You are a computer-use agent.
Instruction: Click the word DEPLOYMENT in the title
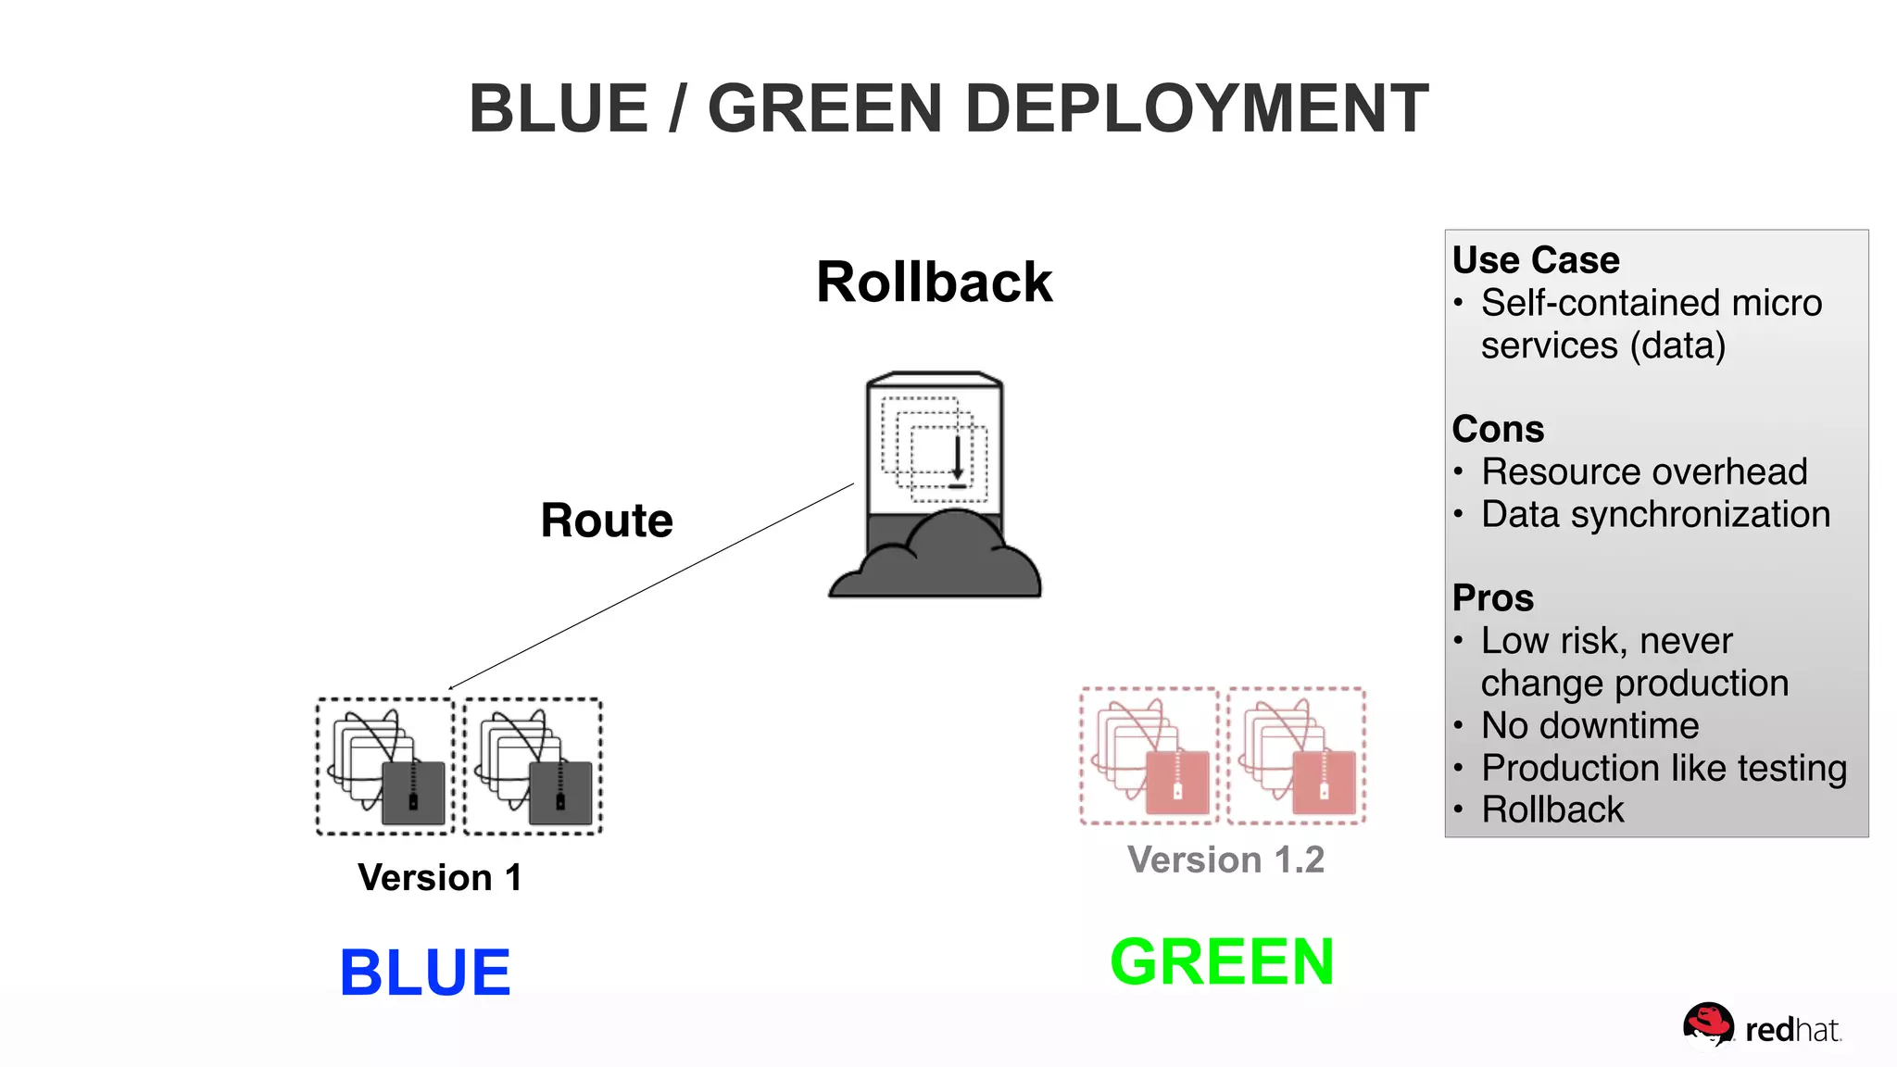click(1197, 109)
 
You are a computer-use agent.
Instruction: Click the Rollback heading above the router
click(934, 282)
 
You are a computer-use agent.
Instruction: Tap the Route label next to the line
click(607, 520)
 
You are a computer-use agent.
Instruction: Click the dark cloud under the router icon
click(936, 560)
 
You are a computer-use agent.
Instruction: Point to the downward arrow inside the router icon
click(957, 458)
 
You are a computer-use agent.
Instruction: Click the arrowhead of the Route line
click(451, 687)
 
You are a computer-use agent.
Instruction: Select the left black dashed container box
click(385, 766)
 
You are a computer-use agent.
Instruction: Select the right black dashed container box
click(533, 766)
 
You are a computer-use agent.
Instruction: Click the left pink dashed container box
click(1150, 756)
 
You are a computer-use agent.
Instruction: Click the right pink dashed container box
click(1297, 756)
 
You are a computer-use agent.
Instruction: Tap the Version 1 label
click(440, 877)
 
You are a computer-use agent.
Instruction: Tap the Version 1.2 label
click(1225, 860)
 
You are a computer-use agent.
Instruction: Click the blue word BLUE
click(425, 973)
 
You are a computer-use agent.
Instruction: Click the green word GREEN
click(1222, 961)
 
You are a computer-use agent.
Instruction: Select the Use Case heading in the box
click(1536, 260)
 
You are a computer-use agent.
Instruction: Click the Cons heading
click(1498, 429)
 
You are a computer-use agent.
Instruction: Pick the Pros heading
click(1492, 597)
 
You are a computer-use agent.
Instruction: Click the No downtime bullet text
click(1589, 725)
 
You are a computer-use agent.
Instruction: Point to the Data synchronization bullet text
click(1655, 514)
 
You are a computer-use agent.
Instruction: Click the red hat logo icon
click(1707, 1025)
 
